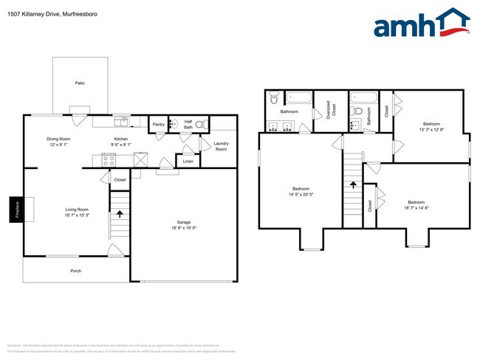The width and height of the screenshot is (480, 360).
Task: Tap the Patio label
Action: coord(80,83)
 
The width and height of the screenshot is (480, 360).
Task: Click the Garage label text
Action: coord(183,222)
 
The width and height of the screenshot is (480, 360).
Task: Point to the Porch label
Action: coord(75,271)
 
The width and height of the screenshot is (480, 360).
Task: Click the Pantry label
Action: coord(158,125)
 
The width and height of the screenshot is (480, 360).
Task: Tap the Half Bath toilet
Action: coord(199,126)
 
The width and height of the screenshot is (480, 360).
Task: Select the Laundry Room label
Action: coord(221,146)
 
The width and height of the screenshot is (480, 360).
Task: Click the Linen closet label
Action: coord(188,161)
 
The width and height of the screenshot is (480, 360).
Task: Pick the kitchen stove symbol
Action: coord(109,159)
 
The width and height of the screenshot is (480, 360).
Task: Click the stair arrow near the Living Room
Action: coord(120,215)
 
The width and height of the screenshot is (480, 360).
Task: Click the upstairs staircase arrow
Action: coord(353,186)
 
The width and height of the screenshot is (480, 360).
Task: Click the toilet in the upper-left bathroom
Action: coord(273,97)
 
